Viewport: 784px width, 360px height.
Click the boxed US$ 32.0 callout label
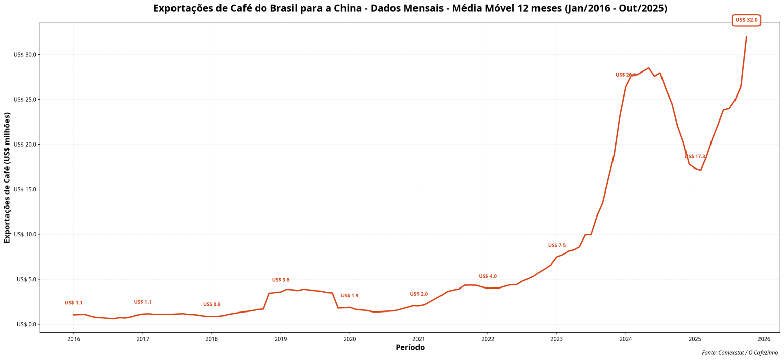coord(746,20)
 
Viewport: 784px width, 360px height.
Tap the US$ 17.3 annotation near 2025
coord(695,157)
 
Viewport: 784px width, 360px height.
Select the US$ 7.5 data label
coord(557,246)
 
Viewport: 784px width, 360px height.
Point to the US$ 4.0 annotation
coord(487,277)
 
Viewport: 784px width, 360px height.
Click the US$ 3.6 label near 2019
coord(281,280)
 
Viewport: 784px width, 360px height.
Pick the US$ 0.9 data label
coord(212,305)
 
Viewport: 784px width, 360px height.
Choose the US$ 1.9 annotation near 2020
coord(350,296)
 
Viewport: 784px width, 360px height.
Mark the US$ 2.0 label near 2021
coord(419,294)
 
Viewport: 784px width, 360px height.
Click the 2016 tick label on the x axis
coord(73,339)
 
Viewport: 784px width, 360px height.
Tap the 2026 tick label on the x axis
coord(764,339)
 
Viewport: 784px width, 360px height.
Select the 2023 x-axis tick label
coord(556,339)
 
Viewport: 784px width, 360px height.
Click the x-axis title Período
coord(410,348)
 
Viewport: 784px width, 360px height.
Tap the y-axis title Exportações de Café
coord(7,177)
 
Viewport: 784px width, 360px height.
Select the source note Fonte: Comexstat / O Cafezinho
coord(740,353)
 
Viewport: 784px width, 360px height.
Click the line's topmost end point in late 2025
coord(746,37)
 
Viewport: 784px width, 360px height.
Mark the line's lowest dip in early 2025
coord(701,170)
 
